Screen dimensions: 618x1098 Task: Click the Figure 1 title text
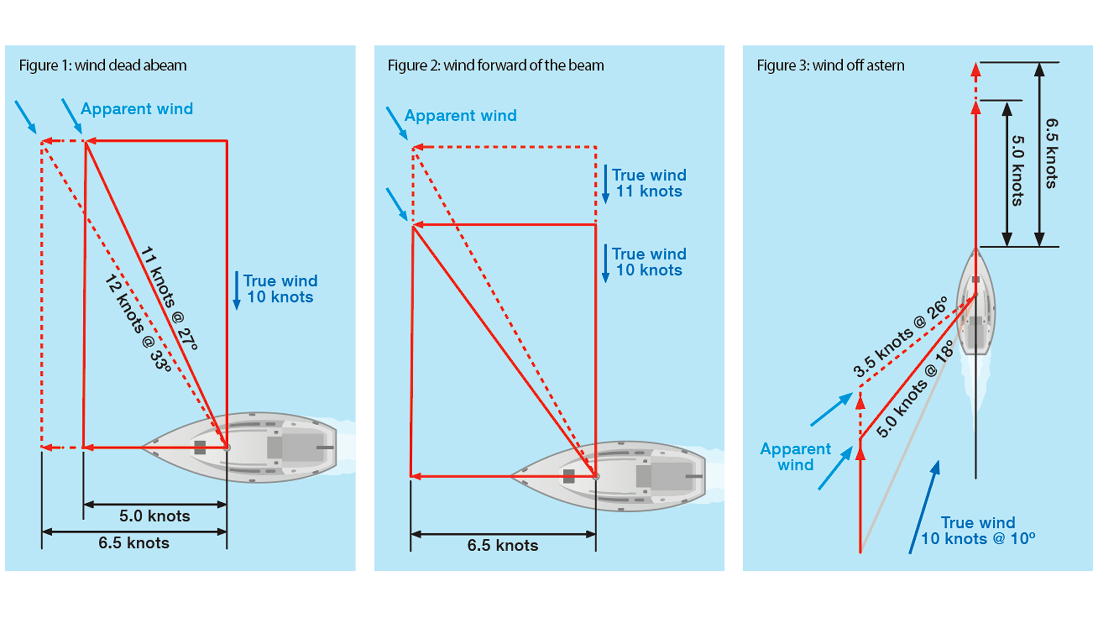[x=103, y=65]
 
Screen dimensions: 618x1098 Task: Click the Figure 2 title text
[x=495, y=65]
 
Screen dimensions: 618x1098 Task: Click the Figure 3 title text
[x=830, y=65]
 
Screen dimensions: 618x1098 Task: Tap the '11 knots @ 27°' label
[x=169, y=298]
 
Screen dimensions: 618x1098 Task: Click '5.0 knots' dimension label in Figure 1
[x=154, y=516]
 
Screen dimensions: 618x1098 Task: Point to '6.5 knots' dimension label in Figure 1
[x=133, y=543]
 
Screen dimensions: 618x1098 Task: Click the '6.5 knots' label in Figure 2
[x=502, y=545]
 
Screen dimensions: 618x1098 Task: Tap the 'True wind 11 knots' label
[x=649, y=183]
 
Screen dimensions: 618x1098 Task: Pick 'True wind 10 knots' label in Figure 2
[x=649, y=262]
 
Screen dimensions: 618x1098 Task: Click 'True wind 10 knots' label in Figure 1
[x=280, y=289]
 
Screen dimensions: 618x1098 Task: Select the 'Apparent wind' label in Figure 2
[x=460, y=115]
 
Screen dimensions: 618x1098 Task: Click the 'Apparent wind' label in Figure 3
[x=795, y=457]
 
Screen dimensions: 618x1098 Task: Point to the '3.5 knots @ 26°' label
[x=900, y=336]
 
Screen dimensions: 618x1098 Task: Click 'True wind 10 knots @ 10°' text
[x=978, y=531]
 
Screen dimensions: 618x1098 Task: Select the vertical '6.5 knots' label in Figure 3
[x=1051, y=153]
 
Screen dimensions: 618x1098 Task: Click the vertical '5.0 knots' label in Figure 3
[x=1018, y=171]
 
